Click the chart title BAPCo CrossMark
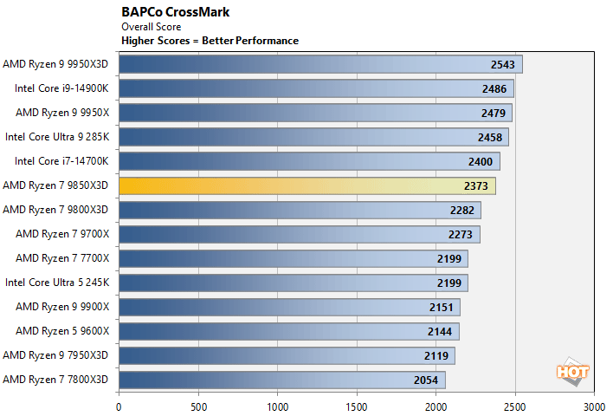click(171, 13)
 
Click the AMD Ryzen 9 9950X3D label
click(55, 64)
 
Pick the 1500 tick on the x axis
click(356, 405)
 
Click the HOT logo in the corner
click(572, 371)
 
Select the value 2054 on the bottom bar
click(427, 380)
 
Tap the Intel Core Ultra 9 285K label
click(56, 137)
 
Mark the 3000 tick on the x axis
click(594, 405)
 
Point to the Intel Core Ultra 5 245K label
click(56, 283)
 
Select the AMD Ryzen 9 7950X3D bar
click(287, 355)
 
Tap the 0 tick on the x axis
click(119, 405)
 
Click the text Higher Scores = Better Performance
click(210, 41)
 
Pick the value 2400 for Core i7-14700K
click(481, 161)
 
